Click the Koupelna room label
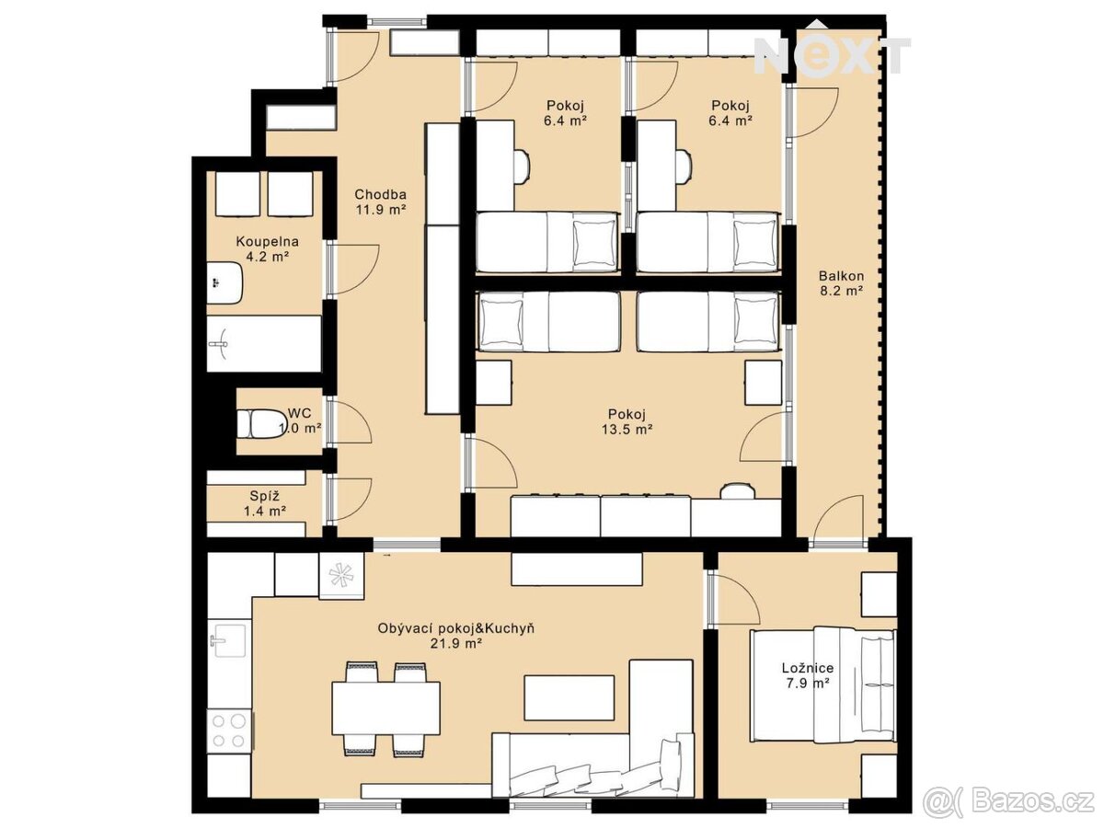point(267,241)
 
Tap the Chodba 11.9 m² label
point(380,201)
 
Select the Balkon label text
point(841,275)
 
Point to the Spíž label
point(265,496)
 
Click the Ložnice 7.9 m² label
point(807,675)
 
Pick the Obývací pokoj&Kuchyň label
point(455,628)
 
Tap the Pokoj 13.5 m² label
point(627,421)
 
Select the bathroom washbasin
point(224,282)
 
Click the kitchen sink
point(230,640)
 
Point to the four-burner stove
point(229,730)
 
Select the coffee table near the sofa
point(569,697)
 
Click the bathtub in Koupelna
point(264,344)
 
